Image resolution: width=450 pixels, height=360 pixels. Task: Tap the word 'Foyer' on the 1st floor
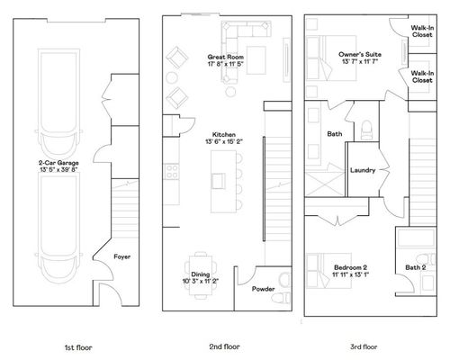(122, 256)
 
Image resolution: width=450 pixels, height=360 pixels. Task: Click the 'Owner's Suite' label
(360, 54)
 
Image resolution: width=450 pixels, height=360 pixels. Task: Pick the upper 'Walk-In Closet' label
(422, 31)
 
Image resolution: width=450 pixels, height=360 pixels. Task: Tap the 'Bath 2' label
(414, 267)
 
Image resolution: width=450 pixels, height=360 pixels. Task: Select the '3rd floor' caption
(364, 346)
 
